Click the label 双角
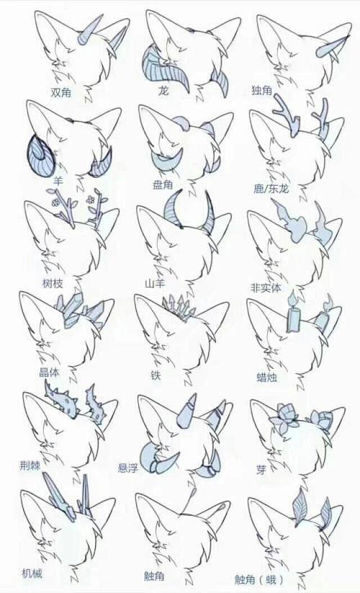pos(61,92)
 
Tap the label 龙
pos(163,91)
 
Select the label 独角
pos(262,90)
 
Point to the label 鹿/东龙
pos(271,188)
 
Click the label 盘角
pos(163,184)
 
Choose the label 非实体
pos(266,287)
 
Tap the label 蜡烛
pos(266,377)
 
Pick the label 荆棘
pos(30,465)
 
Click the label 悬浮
pos(128,468)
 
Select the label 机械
pos(32,574)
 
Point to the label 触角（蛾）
pos(259,579)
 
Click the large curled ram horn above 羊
pos(40,156)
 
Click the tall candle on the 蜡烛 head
pos(294,316)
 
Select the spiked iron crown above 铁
pos(179,308)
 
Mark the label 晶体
pos(49,372)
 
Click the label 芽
pos(261,470)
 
